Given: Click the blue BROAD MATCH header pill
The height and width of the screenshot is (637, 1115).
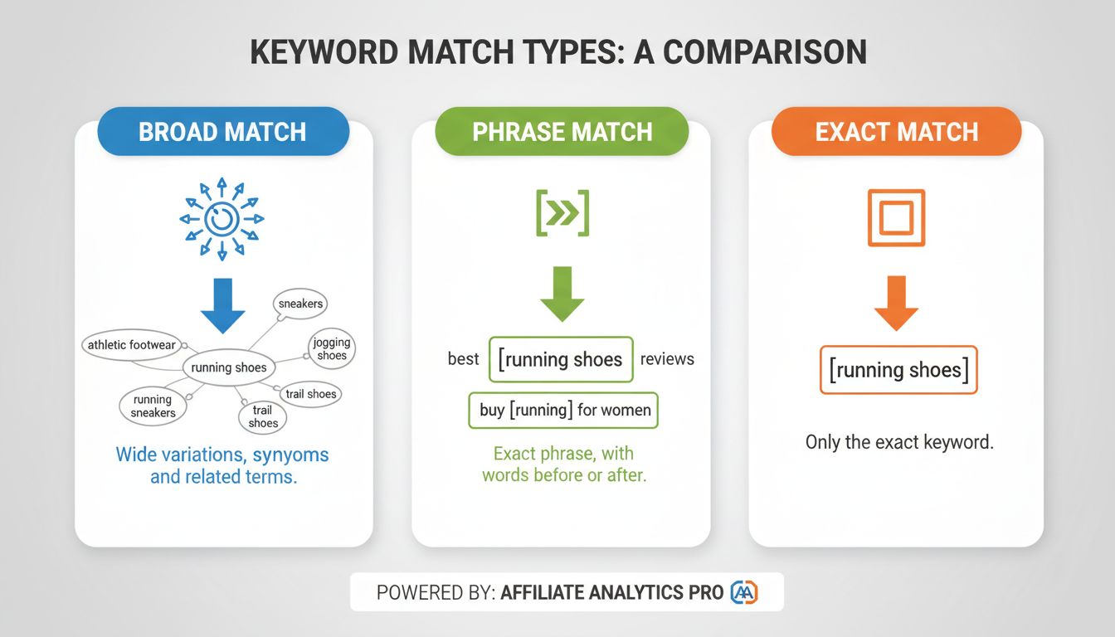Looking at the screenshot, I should click(x=222, y=132).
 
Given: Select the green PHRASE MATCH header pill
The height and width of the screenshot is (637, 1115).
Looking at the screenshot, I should click(x=562, y=132).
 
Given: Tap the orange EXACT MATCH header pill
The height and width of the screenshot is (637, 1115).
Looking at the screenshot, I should click(x=896, y=132).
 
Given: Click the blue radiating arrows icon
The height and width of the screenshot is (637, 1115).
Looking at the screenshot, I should click(x=222, y=219).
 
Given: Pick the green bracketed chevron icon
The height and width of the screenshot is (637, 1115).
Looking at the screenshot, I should click(x=562, y=213).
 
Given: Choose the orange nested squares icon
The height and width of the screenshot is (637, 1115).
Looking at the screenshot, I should click(x=896, y=218).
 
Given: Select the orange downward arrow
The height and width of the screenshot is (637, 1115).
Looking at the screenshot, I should click(x=896, y=304).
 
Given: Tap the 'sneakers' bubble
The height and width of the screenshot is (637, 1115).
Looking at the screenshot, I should click(x=300, y=304).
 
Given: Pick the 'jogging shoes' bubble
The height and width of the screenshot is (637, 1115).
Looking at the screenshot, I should click(x=332, y=349).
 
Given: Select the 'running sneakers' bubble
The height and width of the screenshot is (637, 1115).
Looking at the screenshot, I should click(x=153, y=406).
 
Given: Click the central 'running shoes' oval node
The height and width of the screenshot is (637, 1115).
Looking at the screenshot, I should click(x=229, y=367).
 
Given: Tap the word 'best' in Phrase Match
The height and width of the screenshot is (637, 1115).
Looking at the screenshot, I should click(x=463, y=358).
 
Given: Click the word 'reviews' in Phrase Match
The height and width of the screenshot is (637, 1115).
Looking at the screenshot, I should click(x=667, y=358).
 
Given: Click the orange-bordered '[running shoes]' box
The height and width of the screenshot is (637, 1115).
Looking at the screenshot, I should click(x=898, y=369).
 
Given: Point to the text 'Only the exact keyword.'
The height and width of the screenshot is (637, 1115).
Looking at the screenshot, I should click(x=898, y=442).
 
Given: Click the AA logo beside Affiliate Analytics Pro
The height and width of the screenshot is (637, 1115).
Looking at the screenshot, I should click(x=743, y=592).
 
